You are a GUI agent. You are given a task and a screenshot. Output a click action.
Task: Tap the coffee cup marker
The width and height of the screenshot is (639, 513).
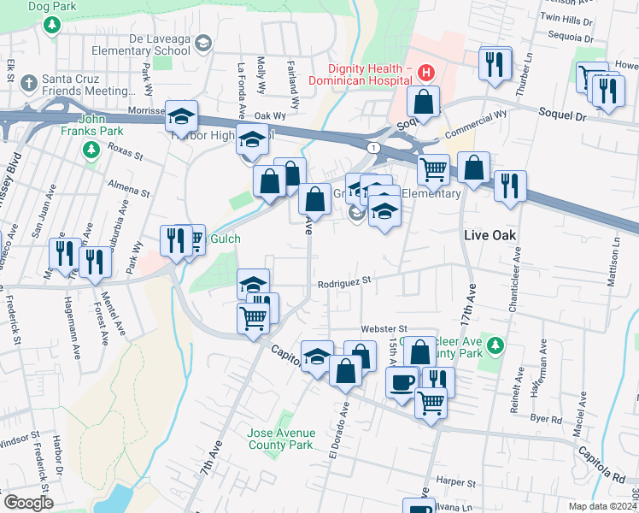pos(402,381)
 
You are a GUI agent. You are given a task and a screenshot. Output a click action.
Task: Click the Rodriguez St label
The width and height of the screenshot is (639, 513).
pos(345,280)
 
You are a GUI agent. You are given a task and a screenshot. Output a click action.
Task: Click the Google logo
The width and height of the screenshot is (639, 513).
pos(27,502)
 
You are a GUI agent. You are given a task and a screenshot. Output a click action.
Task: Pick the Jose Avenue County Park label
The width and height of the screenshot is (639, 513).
pos(280,439)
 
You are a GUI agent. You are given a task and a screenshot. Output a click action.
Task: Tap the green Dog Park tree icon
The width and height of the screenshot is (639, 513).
pos(52,25)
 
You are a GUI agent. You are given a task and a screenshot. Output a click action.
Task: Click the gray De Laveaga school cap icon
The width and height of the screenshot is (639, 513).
pos(202,43)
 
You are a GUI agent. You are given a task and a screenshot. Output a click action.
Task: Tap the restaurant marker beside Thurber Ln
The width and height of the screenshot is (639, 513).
pos(495,63)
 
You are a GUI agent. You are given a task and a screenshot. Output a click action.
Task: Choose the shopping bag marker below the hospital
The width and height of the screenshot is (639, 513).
pos(423,102)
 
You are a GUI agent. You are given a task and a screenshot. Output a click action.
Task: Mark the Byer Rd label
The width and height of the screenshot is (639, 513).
pos(544,419)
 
